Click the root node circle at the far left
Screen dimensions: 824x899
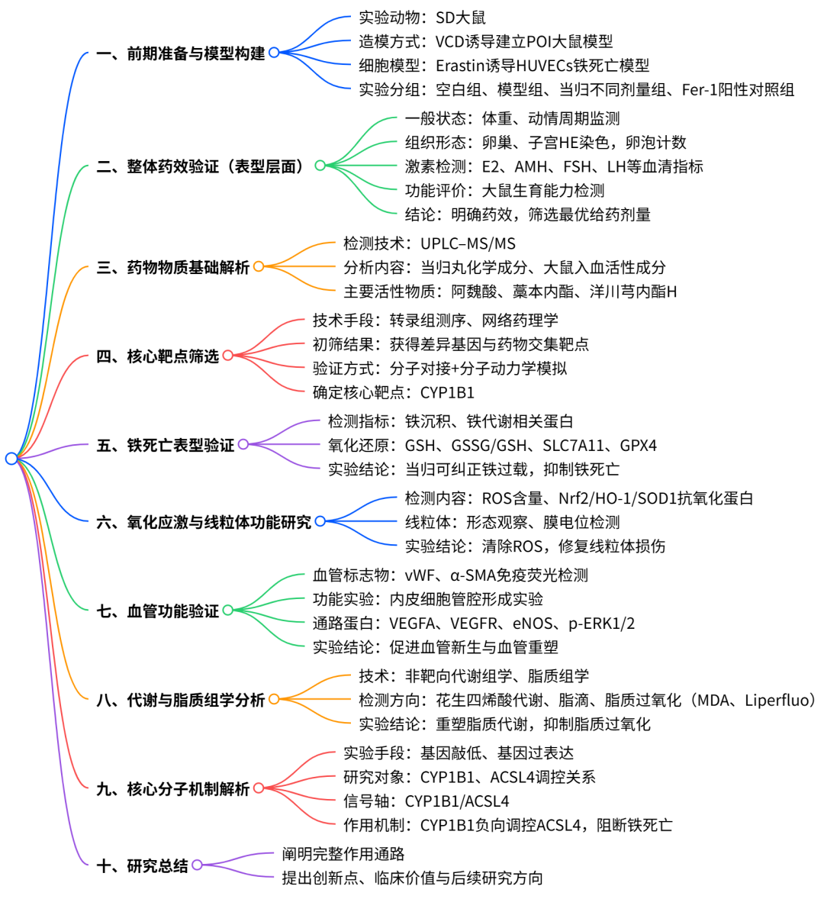[11, 458]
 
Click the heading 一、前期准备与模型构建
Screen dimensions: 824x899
[181, 53]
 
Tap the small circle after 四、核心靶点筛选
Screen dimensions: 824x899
[227, 356]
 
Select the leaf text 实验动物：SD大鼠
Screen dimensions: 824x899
[423, 18]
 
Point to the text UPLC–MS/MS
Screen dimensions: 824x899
[468, 243]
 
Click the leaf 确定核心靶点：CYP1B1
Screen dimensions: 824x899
[394, 393]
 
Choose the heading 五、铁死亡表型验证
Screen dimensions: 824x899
[165, 445]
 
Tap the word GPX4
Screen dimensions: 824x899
[639, 446]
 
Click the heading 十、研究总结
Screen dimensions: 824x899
[142, 865]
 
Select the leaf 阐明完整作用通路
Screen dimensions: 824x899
[343, 854]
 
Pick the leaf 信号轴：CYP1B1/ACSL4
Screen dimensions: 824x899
[426, 801]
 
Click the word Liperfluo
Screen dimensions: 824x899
[776, 700]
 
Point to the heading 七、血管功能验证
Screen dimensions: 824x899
[158, 611]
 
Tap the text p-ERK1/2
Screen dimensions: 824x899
[602, 623]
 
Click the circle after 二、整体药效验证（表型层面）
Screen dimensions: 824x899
[320, 166]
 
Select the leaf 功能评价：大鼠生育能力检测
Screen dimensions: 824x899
[505, 190]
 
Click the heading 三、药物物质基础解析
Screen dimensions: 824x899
[173, 267]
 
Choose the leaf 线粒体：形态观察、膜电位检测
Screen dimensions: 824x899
[512, 522]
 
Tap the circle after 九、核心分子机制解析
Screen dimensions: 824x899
[259, 788]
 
